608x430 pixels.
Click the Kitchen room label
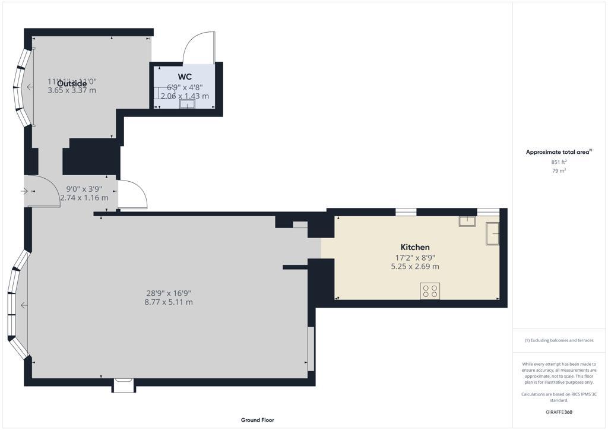click(x=415, y=247)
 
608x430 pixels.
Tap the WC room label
click(x=184, y=77)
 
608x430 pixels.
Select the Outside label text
click(x=72, y=83)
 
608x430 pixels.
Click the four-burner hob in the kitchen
click(x=430, y=291)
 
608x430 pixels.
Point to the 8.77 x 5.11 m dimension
click(x=169, y=302)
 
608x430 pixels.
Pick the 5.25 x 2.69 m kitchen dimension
click(x=415, y=267)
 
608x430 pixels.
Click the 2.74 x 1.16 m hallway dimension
click(x=84, y=198)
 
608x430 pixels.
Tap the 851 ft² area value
click(x=559, y=162)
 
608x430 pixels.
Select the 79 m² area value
click(x=559, y=171)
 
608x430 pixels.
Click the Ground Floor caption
click(x=257, y=420)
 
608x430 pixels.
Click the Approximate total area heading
click(x=558, y=152)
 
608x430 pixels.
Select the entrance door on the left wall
click(x=42, y=191)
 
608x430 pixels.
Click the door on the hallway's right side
click(x=132, y=195)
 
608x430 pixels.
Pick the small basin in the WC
click(x=187, y=105)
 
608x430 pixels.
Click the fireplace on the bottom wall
click(x=124, y=385)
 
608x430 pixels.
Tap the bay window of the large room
click(x=18, y=305)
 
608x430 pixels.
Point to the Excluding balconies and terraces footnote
click(x=558, y=340)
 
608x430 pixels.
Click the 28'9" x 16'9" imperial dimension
click(x=169, y=293)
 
